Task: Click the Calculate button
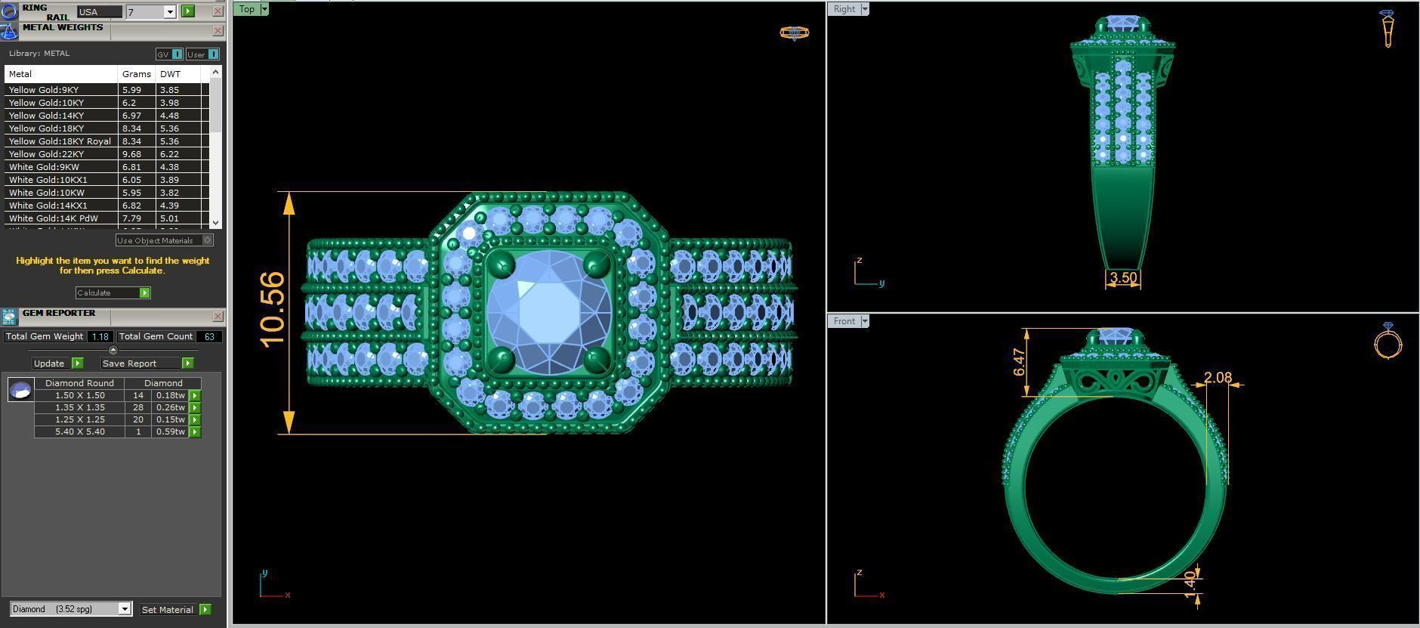pos(112,292)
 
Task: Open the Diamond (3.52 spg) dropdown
pos(125,609)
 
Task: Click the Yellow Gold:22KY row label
pos(46,154)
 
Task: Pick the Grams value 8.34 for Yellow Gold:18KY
pos(131,128)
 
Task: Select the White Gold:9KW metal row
pos(44,167)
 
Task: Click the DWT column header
pos(170,74)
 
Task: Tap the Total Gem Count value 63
pos(209,336)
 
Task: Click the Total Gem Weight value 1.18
pos(100,336)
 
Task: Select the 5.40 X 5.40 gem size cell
pos(79,432)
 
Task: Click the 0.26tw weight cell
pos(170,407)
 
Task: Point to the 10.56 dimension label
pos(273,309)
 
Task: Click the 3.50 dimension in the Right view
pos(1122,277)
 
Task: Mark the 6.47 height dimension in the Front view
pos(1019,362)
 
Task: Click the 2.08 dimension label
pos(1217,377)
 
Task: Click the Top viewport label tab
pos(247,9)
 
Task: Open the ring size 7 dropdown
pos(169,11)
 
